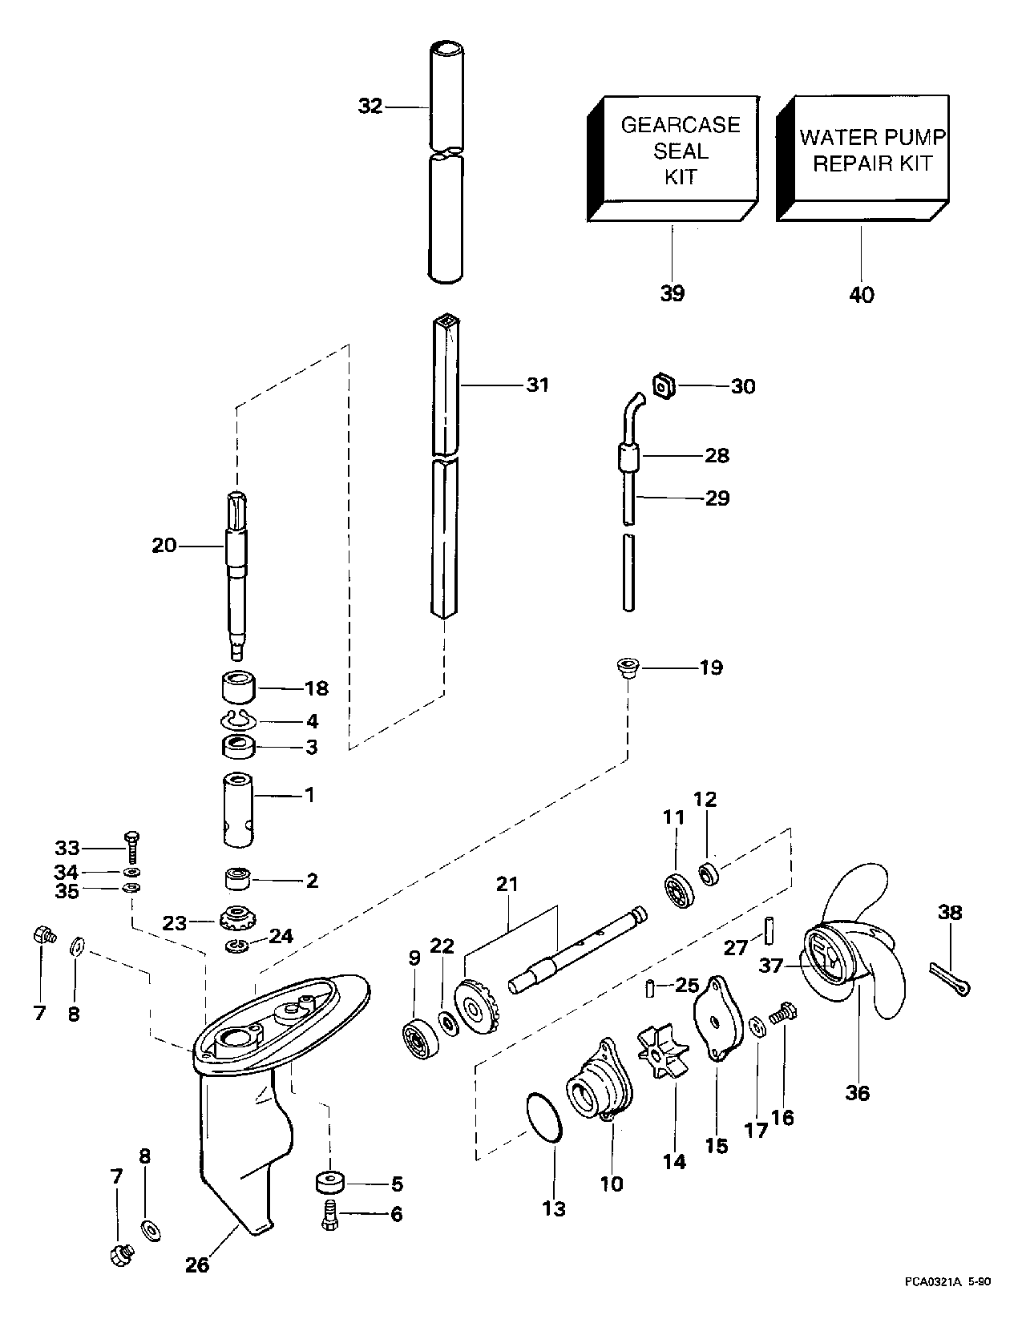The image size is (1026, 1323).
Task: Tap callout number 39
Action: (x=673, y=293)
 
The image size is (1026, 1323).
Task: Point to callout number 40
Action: (x=862, y=294)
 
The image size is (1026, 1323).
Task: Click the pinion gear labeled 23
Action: (x=236, y=914)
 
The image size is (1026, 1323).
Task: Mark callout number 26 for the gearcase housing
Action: (x=197, y=1265)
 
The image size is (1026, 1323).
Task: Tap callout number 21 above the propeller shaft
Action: (x=507, y=885)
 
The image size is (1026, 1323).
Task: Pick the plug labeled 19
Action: (x=628, y=668)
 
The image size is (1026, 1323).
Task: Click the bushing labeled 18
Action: (x=236, y=687)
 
